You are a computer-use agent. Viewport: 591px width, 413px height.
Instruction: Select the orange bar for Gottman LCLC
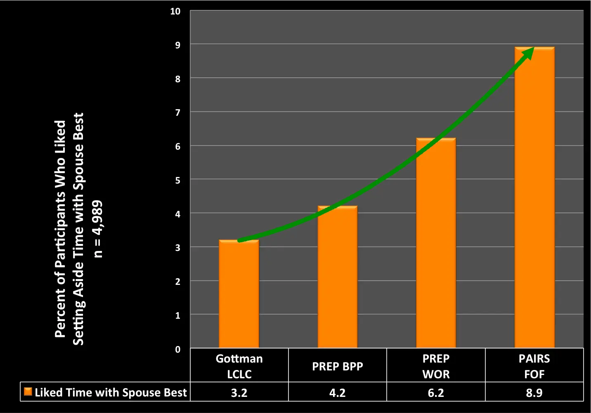pyautogui.click(x=239, y=294)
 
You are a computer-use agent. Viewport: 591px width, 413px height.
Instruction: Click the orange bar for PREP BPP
pyautogui.click(x=337, y=277)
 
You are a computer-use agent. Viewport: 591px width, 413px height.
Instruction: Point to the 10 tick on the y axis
pyautogui.click(x=175, y=12)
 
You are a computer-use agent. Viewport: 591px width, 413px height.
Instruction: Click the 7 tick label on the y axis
pyautogui.click(x=178, y=113)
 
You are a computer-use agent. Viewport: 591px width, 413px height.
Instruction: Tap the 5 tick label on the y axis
pyautogui.click(x=178, y=180)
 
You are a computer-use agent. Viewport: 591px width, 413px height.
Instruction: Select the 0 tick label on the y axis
pyautogui.click(x=178, y=349)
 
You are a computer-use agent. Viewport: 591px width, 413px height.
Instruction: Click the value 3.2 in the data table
pyautogui.click(x=239, y=392)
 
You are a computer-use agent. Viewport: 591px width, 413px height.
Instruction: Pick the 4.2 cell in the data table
pyautogui.click(x=337, y=392)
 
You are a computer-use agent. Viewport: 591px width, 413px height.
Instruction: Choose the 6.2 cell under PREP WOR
pyautogui.click(x=436, y=392)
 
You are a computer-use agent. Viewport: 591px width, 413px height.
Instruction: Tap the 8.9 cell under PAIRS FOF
pyautogui.click(x=534, y=392)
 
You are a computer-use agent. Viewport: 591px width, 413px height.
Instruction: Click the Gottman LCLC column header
pyautogui.click(x=239, y=366)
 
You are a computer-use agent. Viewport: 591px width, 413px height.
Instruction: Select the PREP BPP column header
pyautogui.click(x=337, y=366)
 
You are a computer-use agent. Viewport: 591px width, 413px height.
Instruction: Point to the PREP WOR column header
pyautogui.click(x=436, y=366)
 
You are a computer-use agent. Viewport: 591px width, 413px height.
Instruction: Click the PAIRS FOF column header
pyautogui.click(x=534, y=366)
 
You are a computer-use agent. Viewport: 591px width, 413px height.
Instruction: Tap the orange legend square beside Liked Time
pyautogui.click(x=28, y=392)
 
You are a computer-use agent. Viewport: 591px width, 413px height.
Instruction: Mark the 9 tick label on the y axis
pyautogui.click(x=178, y=45)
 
